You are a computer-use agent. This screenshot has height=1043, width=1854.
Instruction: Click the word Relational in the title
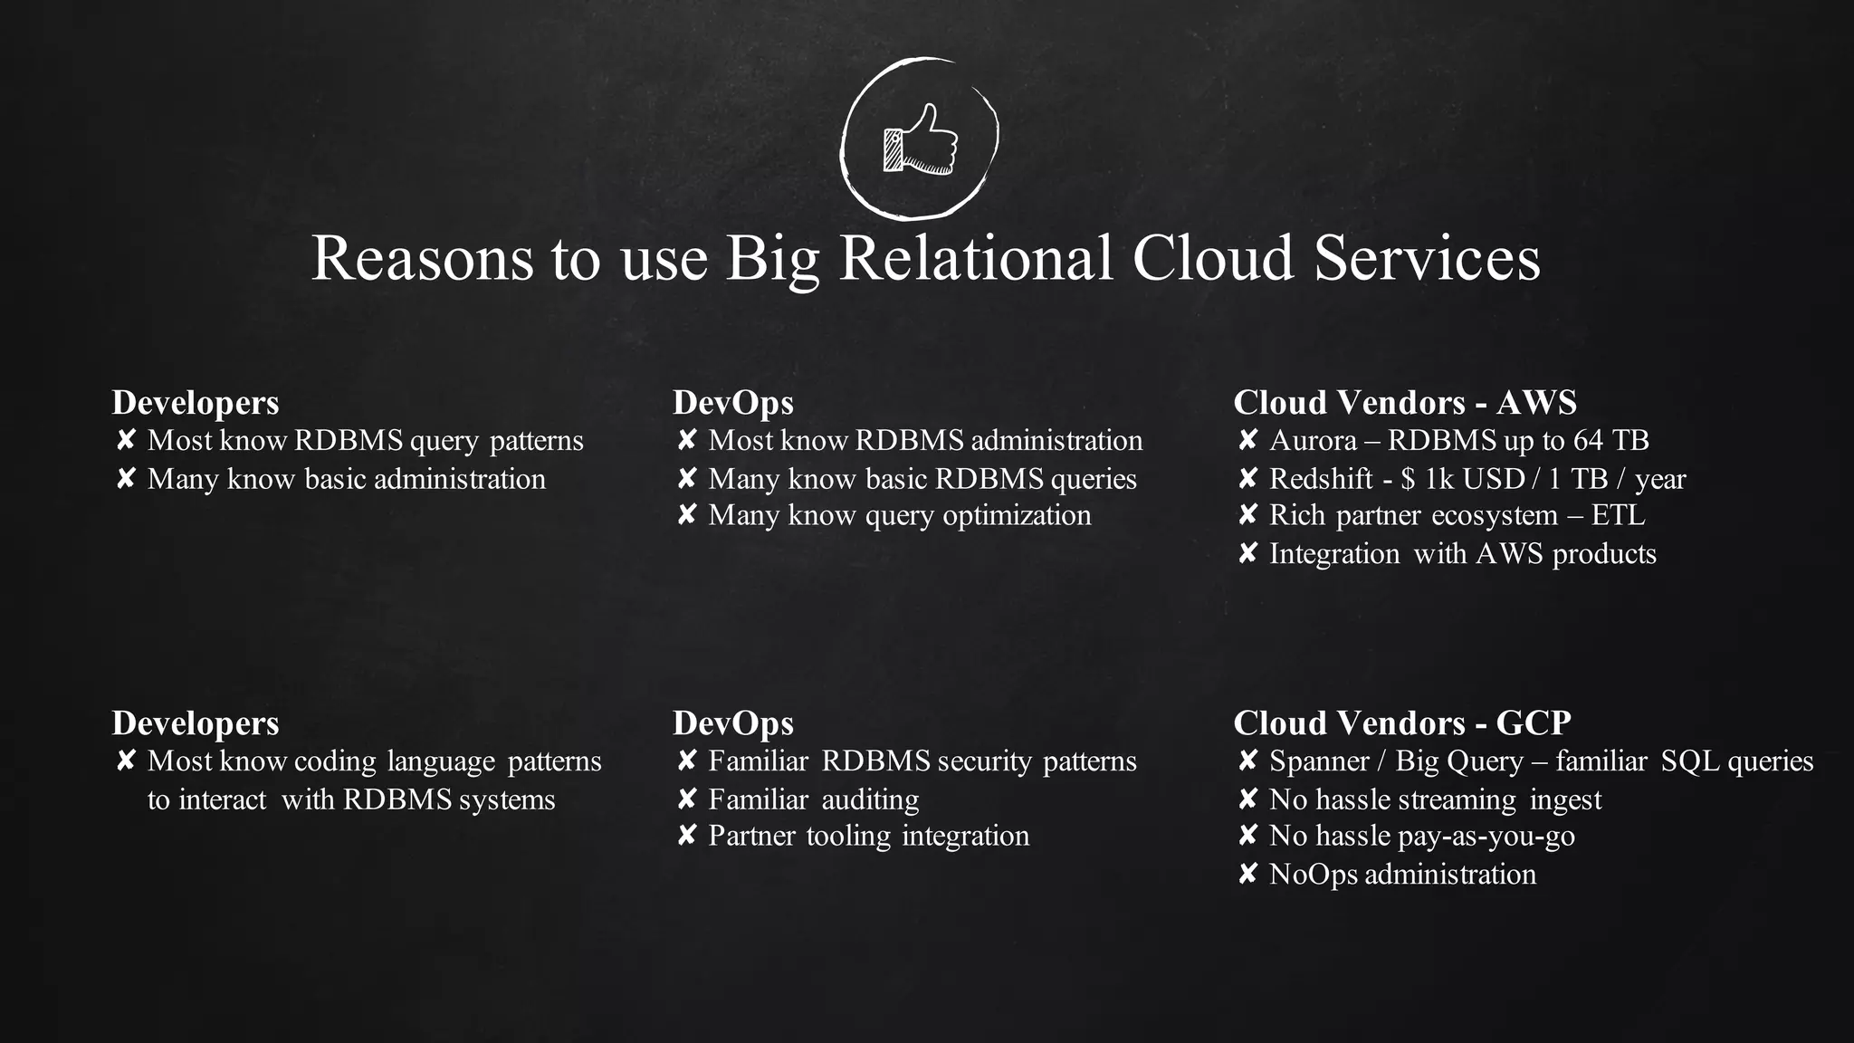point(976,258)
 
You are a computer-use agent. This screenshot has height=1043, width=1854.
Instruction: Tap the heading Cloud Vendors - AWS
point(1404,402)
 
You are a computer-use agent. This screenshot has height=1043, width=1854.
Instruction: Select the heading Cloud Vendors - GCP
point(1401,722)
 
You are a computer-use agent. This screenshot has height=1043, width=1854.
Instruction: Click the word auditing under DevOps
point(870,800)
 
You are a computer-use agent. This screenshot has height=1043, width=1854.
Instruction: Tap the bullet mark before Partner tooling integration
point(686,835)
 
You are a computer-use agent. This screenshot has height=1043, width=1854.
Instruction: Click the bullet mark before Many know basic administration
point(126,478)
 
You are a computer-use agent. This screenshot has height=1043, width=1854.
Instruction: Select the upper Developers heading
point(195,402)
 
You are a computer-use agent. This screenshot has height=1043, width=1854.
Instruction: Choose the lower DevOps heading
point(732,722)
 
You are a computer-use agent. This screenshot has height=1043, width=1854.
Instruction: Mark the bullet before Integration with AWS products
point(1247,553)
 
